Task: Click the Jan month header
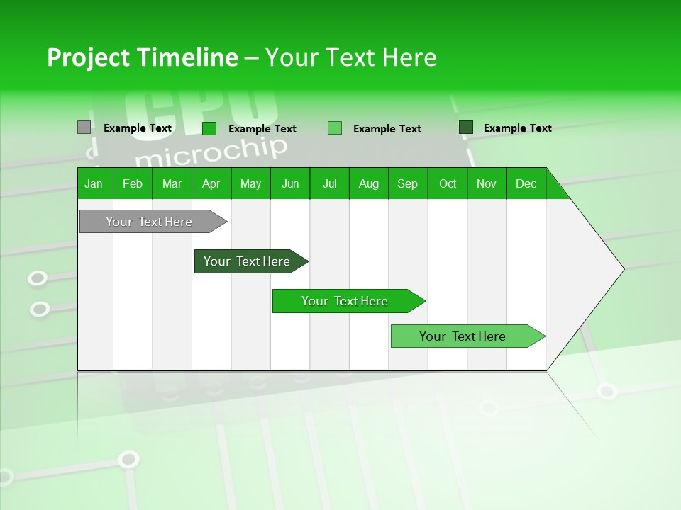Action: (94, 183)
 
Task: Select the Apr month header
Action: (211, 183)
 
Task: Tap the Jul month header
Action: (330, 183)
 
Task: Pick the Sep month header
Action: (408, 183)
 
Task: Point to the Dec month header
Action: (526, 183)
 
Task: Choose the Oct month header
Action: (448, 183)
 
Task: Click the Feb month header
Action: (133, 183)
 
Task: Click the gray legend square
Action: (84, 127)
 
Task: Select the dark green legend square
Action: (466, 127)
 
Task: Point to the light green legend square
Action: (335, 128)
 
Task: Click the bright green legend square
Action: (209, 128)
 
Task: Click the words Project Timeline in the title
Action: (142, 57)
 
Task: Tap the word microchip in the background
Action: (211, 149)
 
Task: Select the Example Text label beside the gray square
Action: (138, 128)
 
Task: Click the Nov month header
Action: (487, 183)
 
